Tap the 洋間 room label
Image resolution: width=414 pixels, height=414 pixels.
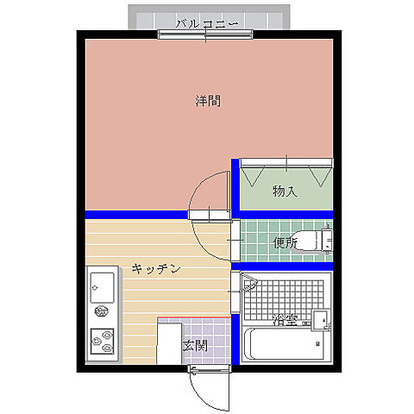click(207, 101)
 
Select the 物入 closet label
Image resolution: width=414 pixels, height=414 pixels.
click(285, 191)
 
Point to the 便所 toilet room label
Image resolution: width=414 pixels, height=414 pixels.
click(285, 242)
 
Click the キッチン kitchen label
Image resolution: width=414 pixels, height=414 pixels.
click(156, 269)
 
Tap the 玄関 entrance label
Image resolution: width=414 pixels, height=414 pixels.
click(195, 346)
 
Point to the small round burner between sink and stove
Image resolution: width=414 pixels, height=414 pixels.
click(100, 310)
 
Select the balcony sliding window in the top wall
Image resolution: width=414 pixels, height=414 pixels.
click(205, 34)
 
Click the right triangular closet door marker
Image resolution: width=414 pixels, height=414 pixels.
click(321, 177)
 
